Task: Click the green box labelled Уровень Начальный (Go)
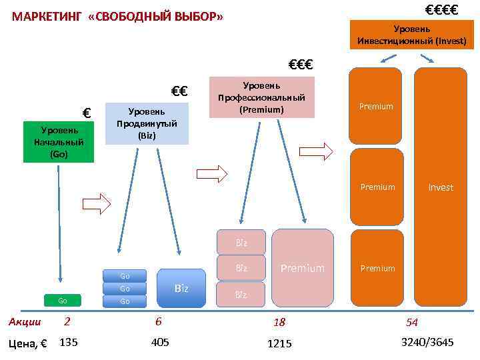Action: pyautogui.click(x=59, y=142)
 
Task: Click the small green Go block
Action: pyautogui.click(x=63, y=301)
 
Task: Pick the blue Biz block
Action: pyautogui.click(x=181, y=288)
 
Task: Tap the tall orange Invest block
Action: pyautogui.click(x=441, y=188)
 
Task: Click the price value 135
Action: pyautogui.click(x=69, y=343)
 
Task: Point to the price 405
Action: pyautogui.click(x=161, y=343)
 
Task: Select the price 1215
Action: pyautogui.click(x=279, y=343)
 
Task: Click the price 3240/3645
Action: pyautogui.click(x=427, y=343)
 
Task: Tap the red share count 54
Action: pyautogui.click(x=412, y=323)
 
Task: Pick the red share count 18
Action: pyautogui.click(x=279, y=323)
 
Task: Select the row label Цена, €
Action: pyautogui.click(x=28, y=344)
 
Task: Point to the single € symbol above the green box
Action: pyautogui.click(x=86, y=112)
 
